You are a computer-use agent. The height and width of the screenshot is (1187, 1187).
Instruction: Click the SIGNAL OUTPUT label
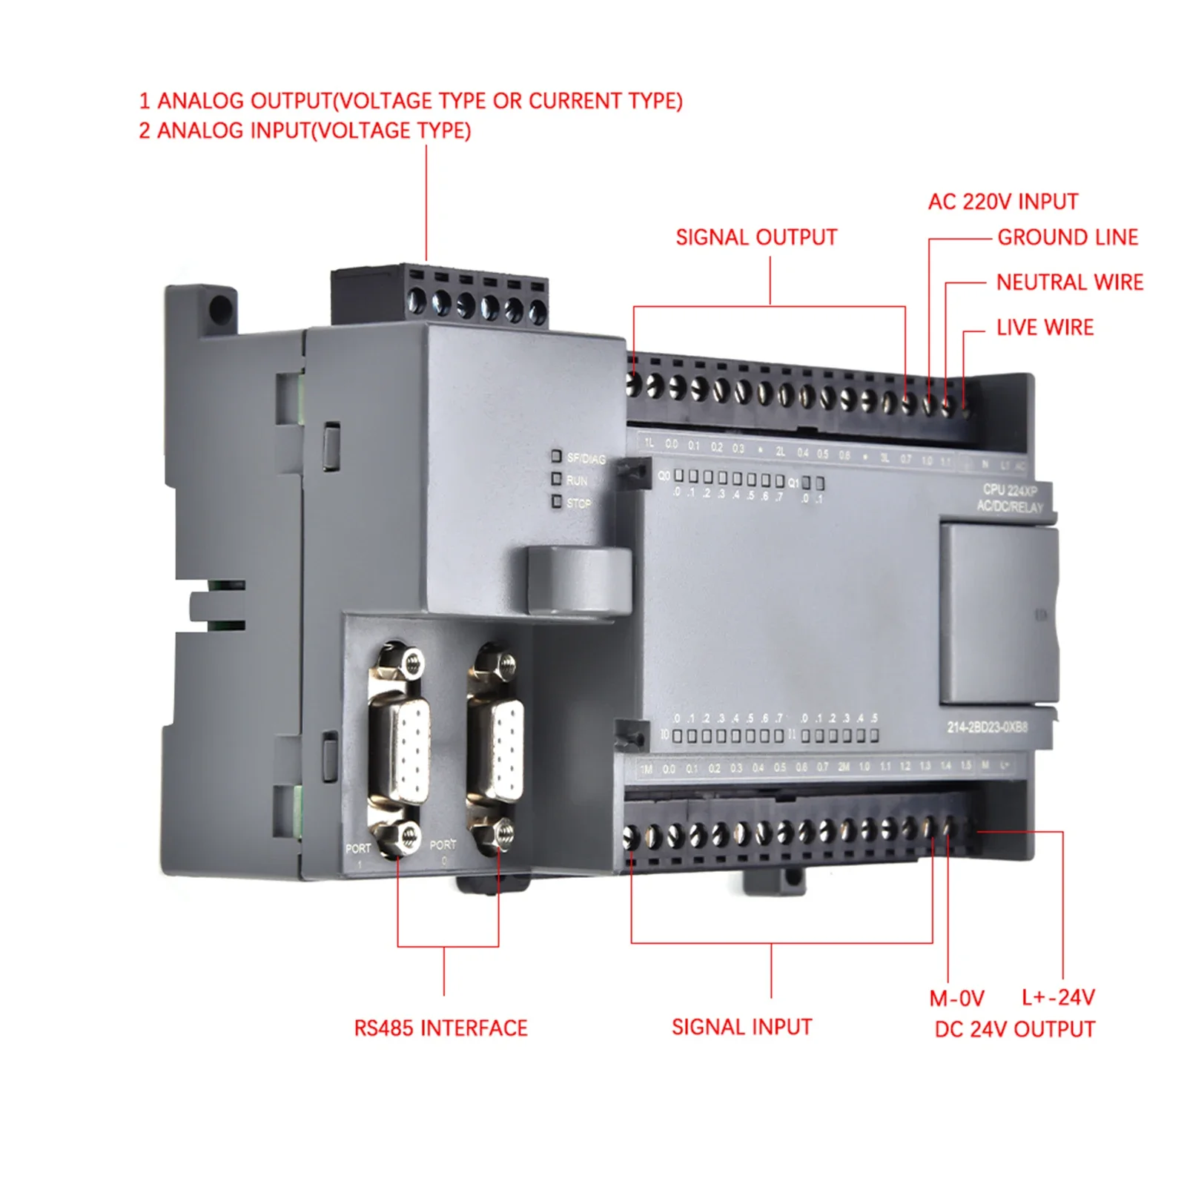(755, 237)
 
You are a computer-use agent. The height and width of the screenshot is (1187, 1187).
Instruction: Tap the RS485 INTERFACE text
(440, 1028)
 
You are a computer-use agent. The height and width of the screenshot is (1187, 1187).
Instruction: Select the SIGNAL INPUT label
(741, 1027)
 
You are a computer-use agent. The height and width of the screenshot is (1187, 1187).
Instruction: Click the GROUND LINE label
(1067, 237)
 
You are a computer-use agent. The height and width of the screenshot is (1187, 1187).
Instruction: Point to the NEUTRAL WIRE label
(1069, 282)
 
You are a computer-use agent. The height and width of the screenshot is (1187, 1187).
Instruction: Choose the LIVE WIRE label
(1045, 328)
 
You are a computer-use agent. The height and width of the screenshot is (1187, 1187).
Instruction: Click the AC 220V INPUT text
(1002, 202)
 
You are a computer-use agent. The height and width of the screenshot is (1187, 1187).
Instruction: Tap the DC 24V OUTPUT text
(1014, 1029)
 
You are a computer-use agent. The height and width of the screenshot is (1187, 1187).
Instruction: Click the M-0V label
(956, 998)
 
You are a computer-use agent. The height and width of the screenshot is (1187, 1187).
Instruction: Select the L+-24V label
(1058, 997)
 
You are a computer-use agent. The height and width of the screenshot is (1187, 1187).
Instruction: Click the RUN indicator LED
(556, 479)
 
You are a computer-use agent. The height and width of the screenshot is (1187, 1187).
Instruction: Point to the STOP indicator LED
(556, 502)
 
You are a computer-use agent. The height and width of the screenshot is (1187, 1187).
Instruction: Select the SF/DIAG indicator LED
(556, 456)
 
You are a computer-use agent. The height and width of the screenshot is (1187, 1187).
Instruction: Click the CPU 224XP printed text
(1009, 490)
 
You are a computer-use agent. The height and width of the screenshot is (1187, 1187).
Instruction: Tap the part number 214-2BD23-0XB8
(987, 727)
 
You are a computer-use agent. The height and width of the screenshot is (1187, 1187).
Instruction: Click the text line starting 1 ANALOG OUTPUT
(410, 101)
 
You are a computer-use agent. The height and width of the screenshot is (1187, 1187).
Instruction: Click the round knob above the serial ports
(578, 580)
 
